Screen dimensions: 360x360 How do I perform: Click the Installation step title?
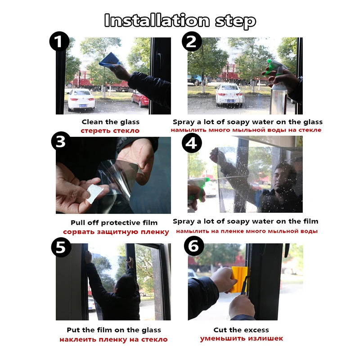click(180, 21)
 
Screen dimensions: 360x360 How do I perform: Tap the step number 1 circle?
click(59, 41)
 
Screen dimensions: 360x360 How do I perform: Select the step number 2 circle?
click(192, 41)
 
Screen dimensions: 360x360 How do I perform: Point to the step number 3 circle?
click(61, 141)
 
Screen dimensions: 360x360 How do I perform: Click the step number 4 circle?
click(192, 143)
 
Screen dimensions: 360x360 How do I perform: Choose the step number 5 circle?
click(61, 247)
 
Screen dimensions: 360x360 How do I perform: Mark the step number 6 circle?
click(194, 246)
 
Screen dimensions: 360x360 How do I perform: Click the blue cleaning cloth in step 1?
click(110, 60)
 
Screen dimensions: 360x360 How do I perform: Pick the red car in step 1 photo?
click(140, 99)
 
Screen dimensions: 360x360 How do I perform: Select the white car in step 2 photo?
click(229, 94)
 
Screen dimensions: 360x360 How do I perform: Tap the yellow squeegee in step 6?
click(239, 279)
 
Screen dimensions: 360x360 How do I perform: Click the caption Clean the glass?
click(110, 122)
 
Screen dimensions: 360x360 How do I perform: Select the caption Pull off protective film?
click(114, 223)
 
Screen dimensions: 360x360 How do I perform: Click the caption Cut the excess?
click(241, 330)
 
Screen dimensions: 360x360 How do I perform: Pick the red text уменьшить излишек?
click(241, 339)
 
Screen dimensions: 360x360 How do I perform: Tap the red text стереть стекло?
click(110, 130)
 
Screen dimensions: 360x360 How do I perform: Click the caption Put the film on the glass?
click(114, 330)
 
